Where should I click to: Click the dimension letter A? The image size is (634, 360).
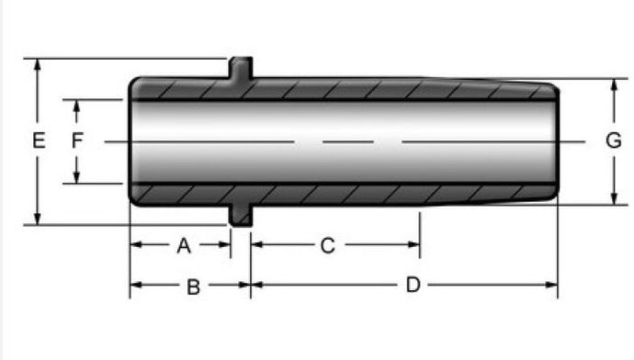tap(184, 245)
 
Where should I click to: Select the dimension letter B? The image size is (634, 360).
tap(193, 287)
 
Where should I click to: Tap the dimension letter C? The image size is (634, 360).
tap(327, 245)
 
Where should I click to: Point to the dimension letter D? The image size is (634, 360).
tap(413, 285)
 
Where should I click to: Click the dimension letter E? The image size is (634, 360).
tap(39, 141)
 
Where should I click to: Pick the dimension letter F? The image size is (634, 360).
tap(77, 141)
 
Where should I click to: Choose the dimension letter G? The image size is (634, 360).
tap(614, 141)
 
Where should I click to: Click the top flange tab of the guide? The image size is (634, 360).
tap(241, 67)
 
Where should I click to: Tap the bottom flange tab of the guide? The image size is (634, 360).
tap(241, 216)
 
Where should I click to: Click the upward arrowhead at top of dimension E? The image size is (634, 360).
tap(38, 65)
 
